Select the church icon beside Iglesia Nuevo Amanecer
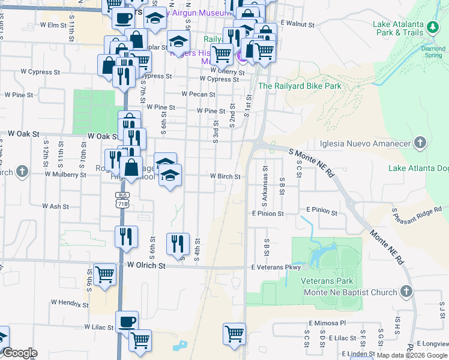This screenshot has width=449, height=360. coord(420,143)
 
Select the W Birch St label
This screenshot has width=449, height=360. coord(225,177)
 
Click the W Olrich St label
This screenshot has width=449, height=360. coord(146,265)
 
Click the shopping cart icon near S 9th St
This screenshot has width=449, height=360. coord(105,275)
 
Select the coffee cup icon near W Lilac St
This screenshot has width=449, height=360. coord(127,322)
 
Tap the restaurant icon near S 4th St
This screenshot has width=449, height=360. coord(177,243)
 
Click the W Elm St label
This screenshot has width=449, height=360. coord(53,25)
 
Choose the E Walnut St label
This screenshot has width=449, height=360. coord(298,25)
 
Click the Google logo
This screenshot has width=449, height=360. coord(20,353)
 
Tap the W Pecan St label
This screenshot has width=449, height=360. coord(199,94)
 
